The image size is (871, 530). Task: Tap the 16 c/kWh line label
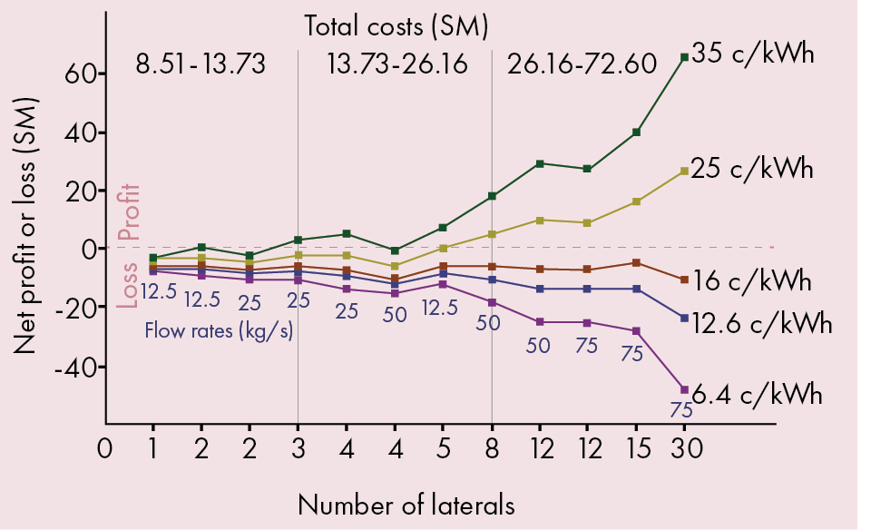tap(753, 280)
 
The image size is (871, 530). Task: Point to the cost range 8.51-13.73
tap(201, 65)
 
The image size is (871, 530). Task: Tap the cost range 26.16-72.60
tap(582, 65)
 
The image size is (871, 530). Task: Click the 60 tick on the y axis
tap(77, 74)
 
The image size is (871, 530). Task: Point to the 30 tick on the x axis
tap(684, 448)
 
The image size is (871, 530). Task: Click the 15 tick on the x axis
tap(636, 448)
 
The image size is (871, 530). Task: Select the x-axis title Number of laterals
tap(406, 504)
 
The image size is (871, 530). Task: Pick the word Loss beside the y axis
tap(129, 285)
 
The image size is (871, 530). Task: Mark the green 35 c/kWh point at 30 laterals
tap(684, 57)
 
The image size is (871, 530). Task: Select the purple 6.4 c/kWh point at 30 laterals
tap(684, 389)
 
